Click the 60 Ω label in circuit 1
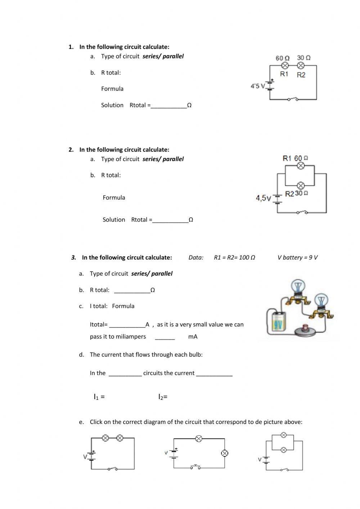(x=282, y=58)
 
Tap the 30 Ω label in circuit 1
(x=304, y=58)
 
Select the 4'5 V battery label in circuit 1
(x=257, y=86)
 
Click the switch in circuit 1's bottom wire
(x=293, y=99)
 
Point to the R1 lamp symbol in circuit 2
(x=301, y=166)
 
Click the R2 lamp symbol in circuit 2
(x=301, y=186)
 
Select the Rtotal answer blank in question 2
(x=170, y=220)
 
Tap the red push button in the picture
(x=306, y=328)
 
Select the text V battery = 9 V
(x=297, y=258)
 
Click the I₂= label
(x=163, y=397)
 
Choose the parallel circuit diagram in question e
(x=283, y=452)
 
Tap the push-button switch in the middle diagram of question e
(x=195, y=467)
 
